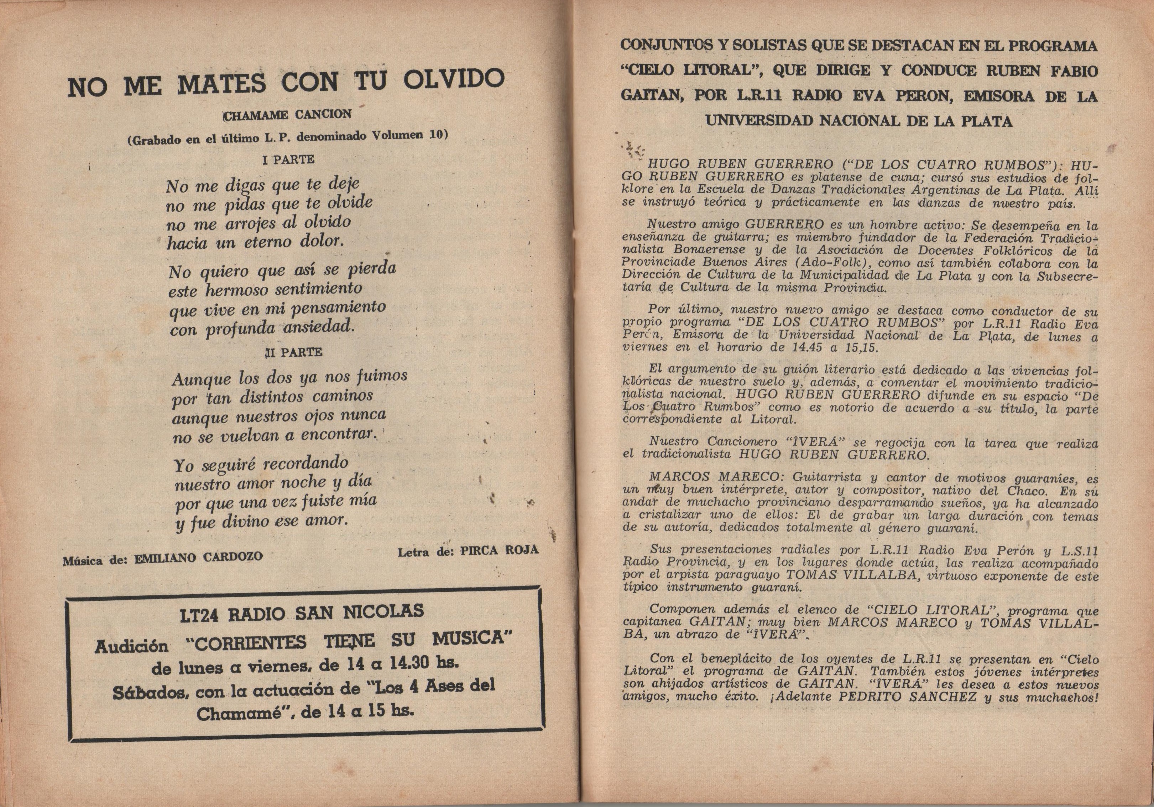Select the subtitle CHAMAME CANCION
pyautogui.click(x=287, y=115)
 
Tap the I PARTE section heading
pyautogui.click(x=288, y=160)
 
